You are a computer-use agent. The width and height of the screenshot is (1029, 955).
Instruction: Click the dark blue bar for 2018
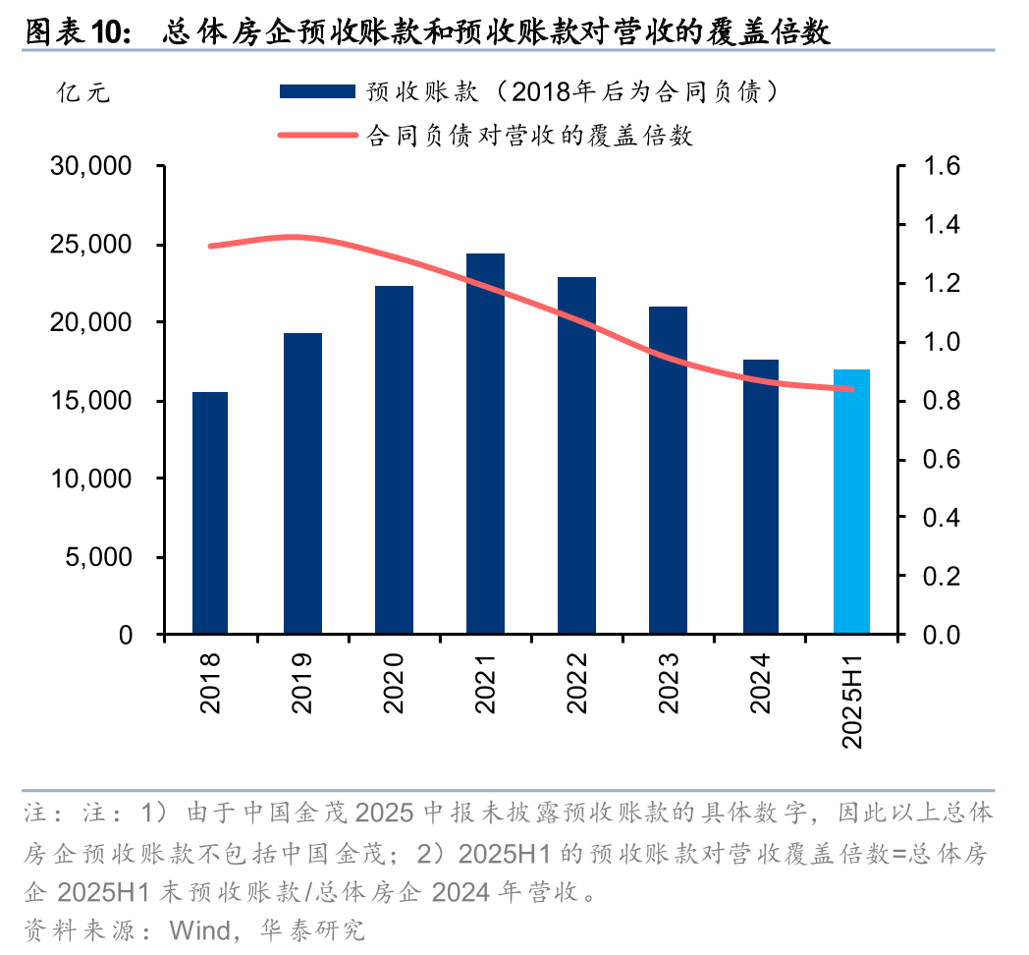coord(210,513)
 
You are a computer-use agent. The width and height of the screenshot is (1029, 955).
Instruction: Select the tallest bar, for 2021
coord(485,444)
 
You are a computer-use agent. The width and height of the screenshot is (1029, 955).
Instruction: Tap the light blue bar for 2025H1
coord(851,502)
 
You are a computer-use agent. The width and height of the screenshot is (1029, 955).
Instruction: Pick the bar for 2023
coord(669,471)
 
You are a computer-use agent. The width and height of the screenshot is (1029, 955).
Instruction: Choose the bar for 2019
coord(302,483)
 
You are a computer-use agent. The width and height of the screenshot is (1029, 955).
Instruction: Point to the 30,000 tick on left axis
coord(91,167)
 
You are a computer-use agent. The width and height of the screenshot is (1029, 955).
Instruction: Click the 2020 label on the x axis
coord(394,684)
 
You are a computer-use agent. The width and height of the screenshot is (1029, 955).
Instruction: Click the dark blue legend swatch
coord(316,91)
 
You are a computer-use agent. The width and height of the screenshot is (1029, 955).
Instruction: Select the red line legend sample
coord(316,135)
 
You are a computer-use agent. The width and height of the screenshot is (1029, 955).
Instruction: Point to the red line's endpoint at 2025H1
coord(850,389)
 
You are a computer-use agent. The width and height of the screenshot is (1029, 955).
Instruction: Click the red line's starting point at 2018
coord(210,246)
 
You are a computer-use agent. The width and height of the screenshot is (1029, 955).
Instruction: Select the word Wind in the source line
coord(199,929)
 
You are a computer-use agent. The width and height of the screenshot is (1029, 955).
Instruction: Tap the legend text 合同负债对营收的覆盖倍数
coord(529,135)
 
